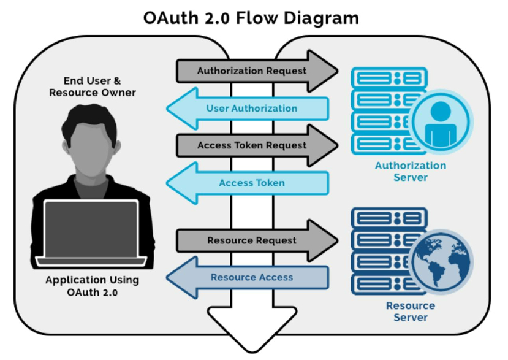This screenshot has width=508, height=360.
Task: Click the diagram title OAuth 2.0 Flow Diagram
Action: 251,18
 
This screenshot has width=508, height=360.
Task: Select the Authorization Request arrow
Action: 257,71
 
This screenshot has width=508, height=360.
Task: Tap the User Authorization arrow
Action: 248,109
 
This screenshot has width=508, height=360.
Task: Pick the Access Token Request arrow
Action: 257,145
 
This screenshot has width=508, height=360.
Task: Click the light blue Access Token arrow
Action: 248,183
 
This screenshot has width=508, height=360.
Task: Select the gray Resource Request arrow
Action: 257,240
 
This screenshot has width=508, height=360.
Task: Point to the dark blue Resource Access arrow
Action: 248,277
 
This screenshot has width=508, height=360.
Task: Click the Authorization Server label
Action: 411,171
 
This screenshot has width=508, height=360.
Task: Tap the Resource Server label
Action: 411,312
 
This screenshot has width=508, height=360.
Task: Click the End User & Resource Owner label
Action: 93,86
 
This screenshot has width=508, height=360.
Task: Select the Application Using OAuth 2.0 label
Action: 93,286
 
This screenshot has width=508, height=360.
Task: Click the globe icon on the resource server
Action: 441,262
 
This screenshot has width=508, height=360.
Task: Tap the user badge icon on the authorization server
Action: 441,122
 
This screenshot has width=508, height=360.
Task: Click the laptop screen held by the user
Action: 91,229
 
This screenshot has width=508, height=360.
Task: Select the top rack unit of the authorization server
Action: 389,78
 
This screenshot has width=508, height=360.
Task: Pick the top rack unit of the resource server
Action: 389,218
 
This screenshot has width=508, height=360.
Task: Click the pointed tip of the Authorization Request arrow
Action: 338,71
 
